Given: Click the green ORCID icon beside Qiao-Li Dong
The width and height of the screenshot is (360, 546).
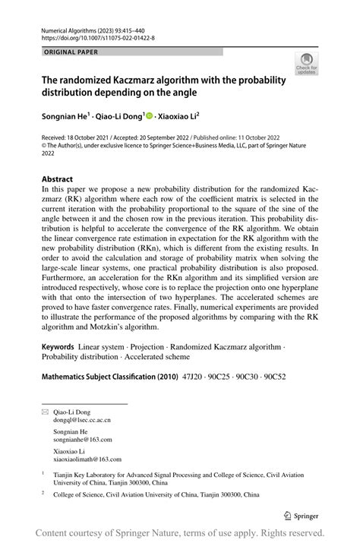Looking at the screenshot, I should [149, 116].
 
